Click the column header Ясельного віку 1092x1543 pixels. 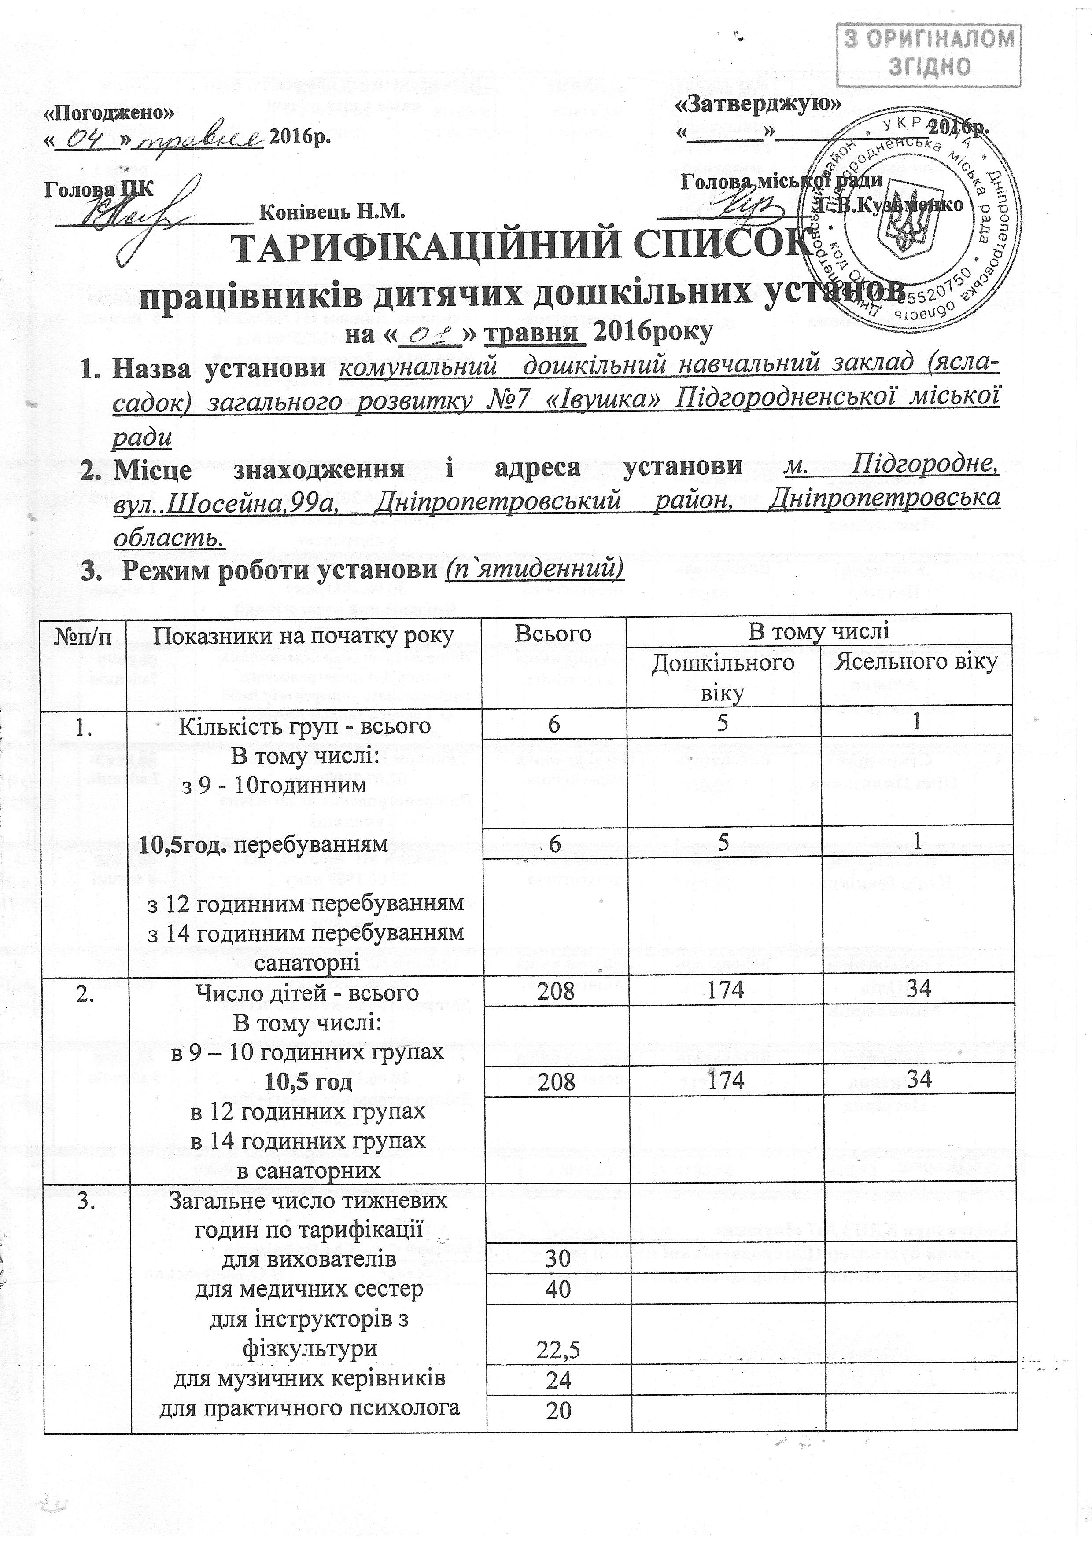(915, 662)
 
